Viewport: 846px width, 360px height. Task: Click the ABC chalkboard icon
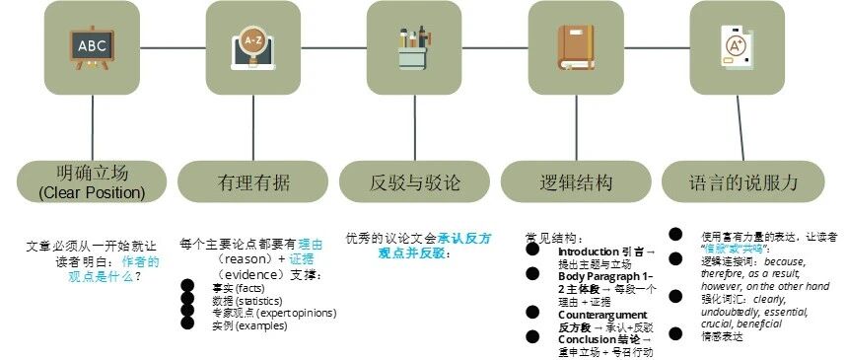[92, 45]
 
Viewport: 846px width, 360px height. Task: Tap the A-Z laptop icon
[252, 46]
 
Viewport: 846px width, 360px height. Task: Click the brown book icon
[576, 46]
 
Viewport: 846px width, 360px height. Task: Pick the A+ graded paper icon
[736, 46]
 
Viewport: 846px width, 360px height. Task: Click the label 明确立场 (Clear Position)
[92, 182]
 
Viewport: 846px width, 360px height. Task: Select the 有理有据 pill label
[252, 182]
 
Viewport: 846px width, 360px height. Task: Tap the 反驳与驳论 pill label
[414, 182]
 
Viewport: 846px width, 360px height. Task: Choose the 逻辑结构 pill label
[576, 182]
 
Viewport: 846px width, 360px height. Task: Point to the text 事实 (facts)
[232, 287]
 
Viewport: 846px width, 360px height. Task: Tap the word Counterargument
[602, 314]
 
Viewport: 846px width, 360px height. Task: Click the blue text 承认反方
[465, 238]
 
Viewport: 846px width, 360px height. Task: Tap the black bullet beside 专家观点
[187, 312]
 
